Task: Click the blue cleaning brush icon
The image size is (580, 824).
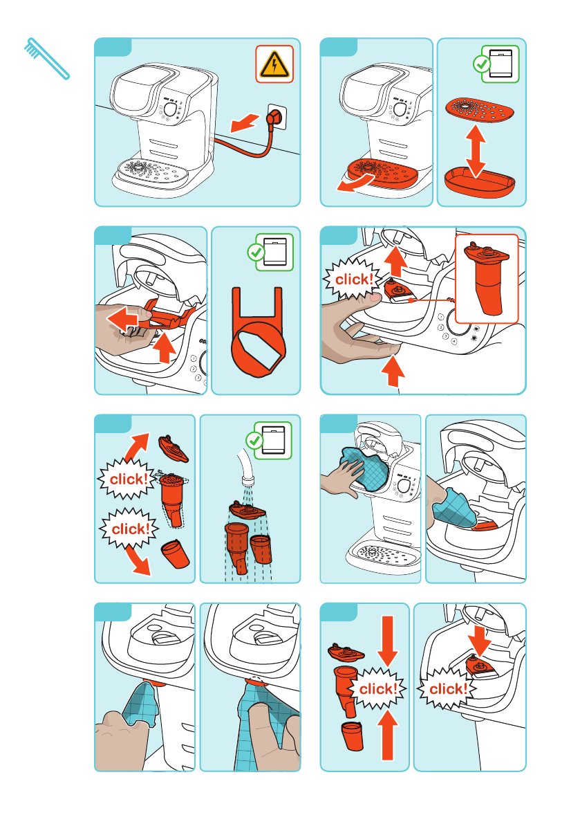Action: click(x=47, y=58)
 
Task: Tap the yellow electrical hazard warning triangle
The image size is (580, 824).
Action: click(x=274, y=64)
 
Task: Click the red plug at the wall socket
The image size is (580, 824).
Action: click(x=274, y=119)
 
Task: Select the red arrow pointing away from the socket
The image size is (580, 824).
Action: click(x=245, y=123)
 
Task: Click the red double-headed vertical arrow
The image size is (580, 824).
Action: click(x=476, y=152)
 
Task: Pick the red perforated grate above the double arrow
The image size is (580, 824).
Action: click(x=479, y=109)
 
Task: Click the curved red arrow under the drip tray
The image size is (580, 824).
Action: click(x=355, y=183)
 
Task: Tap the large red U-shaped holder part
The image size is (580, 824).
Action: click(x=258, y=332)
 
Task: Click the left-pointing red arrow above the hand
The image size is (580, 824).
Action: click(x=123, y=318)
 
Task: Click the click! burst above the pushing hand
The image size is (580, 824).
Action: click(x=353, y=279)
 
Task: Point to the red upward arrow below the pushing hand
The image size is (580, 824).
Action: click(x=393, y=371)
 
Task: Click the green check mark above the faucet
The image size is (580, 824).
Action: click(x=256, y=440)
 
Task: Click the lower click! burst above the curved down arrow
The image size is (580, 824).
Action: click(x=130, y=528)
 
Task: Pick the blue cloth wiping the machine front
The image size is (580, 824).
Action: click(x=365, y=468)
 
